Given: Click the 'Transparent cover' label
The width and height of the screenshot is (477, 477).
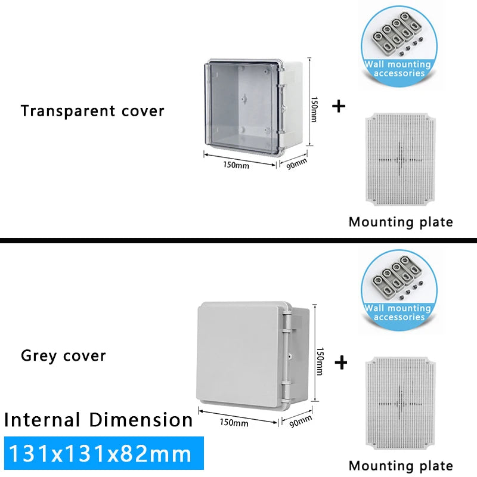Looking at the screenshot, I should (92, 111).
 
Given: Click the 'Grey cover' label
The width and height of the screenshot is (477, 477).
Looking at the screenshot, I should (63, 356).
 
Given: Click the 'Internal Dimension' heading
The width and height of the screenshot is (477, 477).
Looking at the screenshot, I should (98, 420).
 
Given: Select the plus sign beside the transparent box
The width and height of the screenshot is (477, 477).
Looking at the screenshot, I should (339, 107).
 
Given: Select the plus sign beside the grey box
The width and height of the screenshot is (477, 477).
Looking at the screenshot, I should (341, 362).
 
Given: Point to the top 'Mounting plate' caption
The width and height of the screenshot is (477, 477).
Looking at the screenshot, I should (401, 222).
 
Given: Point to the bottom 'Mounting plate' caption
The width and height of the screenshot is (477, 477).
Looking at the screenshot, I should (401, 466).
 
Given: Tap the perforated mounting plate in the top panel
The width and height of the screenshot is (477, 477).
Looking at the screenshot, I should (401, 159).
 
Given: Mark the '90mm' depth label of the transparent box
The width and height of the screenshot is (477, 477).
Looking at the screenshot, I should (296, 162).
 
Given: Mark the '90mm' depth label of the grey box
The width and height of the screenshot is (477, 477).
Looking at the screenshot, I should (300, 421).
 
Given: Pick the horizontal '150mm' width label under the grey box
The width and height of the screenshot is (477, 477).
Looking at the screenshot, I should (234, 423).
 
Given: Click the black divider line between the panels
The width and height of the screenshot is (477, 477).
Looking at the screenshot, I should (238, 240).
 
